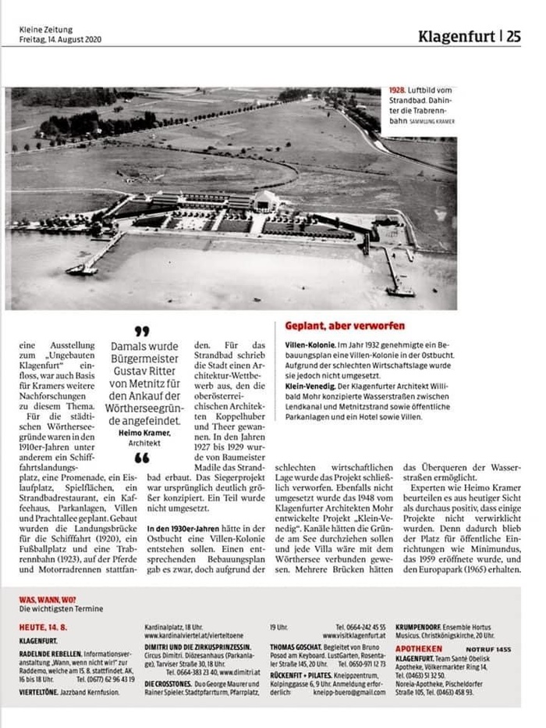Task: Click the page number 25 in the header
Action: (x=513, y=36)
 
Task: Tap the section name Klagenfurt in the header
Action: (x=456, y=36)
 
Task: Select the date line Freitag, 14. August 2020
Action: (x=61, y=39)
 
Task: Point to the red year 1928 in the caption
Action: (x=396, y=91)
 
